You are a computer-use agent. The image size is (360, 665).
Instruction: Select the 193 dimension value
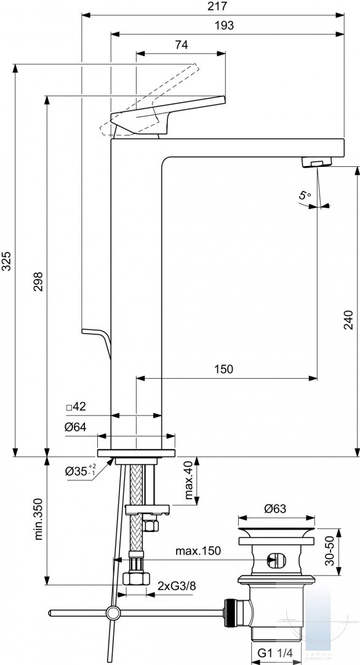225,25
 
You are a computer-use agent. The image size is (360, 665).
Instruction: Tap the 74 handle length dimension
181,45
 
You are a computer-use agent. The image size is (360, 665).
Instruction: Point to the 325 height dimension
6,261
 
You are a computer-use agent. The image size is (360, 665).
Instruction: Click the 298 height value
39,281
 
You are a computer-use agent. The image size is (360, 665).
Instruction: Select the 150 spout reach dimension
223,369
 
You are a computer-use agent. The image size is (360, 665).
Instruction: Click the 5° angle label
305,196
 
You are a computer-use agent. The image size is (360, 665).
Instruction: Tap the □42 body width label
76,407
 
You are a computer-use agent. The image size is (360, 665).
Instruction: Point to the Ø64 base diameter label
76,427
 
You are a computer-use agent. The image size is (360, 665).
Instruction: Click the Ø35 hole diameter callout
81,471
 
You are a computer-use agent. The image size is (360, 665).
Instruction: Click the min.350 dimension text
39,519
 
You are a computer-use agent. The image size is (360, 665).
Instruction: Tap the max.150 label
198,551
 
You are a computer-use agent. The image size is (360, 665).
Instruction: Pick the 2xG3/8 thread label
177,586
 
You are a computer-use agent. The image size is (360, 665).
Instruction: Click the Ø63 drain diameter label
276,509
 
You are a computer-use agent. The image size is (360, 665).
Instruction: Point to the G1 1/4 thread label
273,652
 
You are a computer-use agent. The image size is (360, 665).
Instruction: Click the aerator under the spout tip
316,161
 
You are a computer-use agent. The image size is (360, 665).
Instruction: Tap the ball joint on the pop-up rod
113,613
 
